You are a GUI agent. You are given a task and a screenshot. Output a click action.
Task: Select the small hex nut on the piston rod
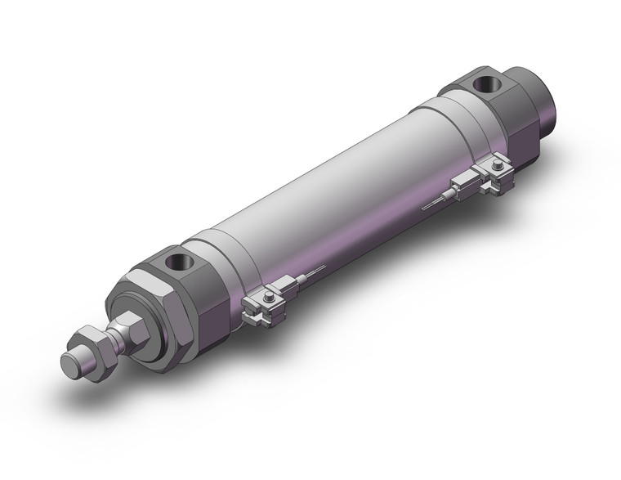(x=92, y=343)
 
